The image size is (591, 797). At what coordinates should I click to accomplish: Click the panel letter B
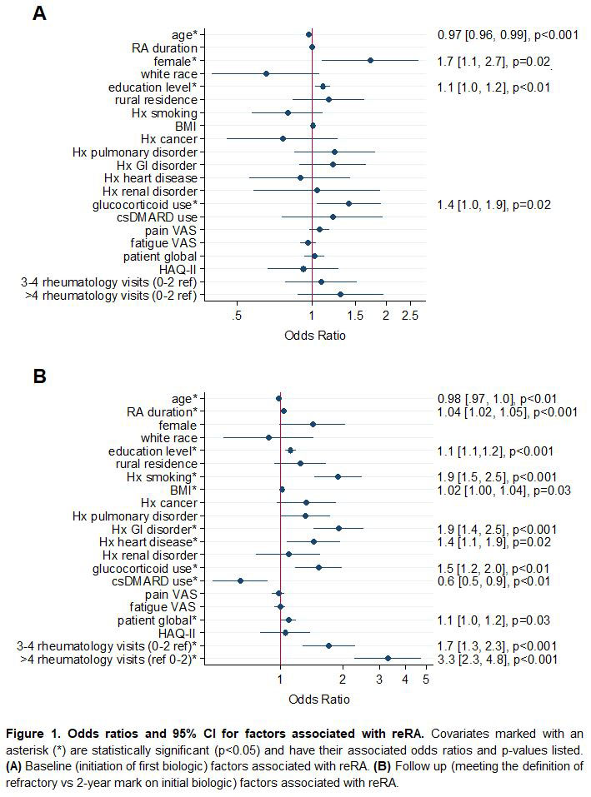[39, 376]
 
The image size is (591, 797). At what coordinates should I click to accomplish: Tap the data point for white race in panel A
[266, 74]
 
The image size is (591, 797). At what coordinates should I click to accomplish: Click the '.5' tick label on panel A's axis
[238, 316]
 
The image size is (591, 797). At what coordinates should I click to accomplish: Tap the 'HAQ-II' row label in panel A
[179, 269]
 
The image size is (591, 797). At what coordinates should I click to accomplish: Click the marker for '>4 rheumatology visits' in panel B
[388, 659]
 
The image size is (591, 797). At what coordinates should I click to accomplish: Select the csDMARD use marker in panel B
[240, 580]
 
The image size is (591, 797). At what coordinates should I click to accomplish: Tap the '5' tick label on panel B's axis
[426, 680]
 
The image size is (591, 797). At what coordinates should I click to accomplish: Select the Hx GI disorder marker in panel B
[338, 529]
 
